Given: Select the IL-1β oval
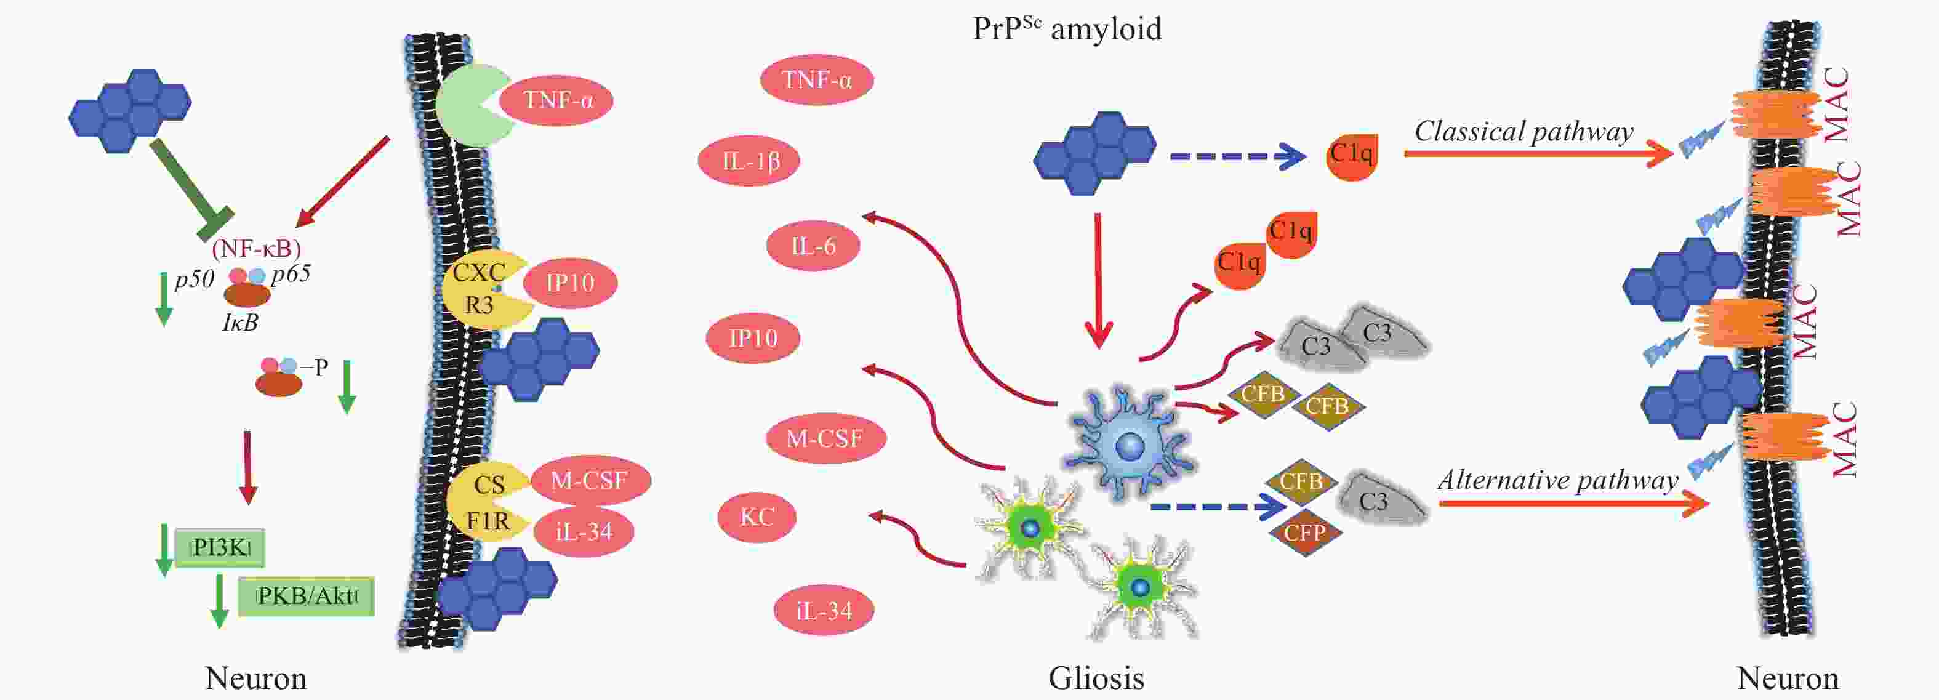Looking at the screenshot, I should (749, 160).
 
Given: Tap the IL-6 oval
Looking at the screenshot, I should (813, 246).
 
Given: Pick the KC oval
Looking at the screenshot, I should (757, 517).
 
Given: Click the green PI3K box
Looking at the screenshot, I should (220, 547).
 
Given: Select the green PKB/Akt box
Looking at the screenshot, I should (307, 596).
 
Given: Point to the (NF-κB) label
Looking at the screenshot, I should (257, 247).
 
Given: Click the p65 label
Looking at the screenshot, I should (291, 273).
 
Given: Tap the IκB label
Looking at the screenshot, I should (240, 322).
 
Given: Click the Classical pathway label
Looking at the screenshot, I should (1523, 132).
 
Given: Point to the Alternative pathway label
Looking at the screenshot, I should (1557, 480).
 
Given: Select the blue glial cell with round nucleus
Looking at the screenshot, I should (1128, 444).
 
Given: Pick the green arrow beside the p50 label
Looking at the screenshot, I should (163, 299).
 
